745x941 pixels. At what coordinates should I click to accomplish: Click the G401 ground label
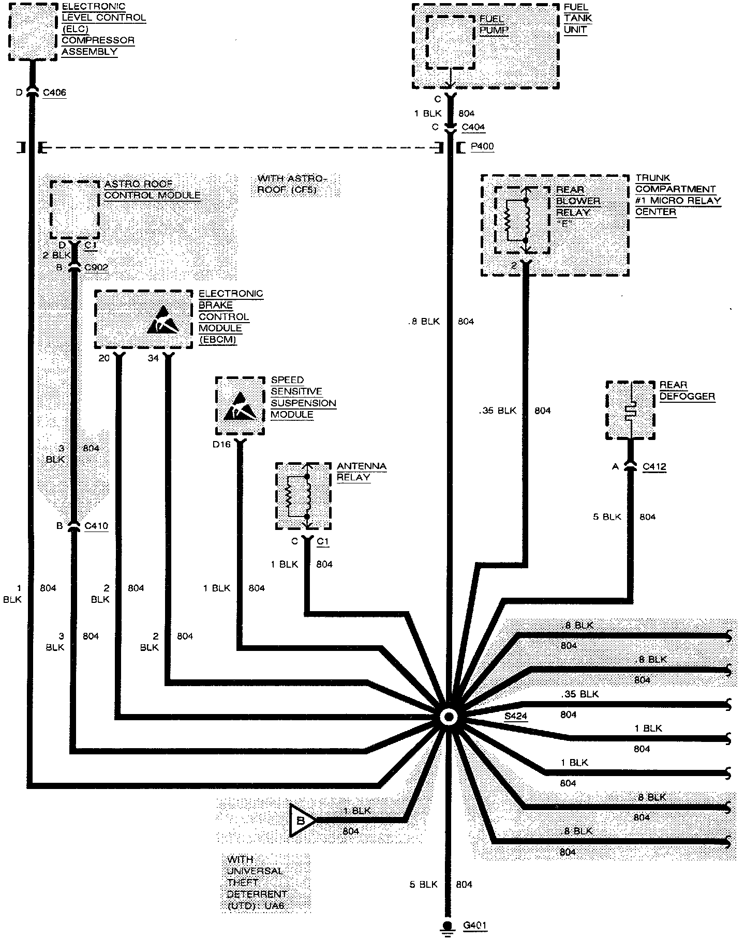pyautogui.click(x=474, y=925)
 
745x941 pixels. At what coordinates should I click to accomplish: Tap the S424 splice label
pyautogui.click(x=516, y=716)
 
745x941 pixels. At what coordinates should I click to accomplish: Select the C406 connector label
pyautogui.click(x=54, y=93)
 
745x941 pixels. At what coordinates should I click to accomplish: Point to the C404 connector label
pyautogui.click(x=473, y=127)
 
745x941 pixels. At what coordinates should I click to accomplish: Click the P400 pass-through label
pyautogui.click(x=482, y=147)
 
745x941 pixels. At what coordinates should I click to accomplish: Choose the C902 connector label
pyautogui.click(x=96, y=267)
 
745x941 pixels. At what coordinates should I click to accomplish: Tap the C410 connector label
pyautogui.click(x=96, y=526)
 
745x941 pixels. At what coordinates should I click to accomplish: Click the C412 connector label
pyautogui.click(x=654, y=467)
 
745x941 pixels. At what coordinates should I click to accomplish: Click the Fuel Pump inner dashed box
pyautogui.click(x=450, y=41)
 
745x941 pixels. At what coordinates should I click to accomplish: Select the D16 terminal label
pyautogui.click(x=221, y=444)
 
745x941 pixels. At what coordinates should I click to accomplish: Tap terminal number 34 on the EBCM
pyautogui.click(x=153, y=358)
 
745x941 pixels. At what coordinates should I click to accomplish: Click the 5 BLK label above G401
pyautogui.click(x=424, y=885)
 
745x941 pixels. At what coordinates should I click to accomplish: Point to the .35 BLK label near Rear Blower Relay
pyautogui.click(x=498, y=411)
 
